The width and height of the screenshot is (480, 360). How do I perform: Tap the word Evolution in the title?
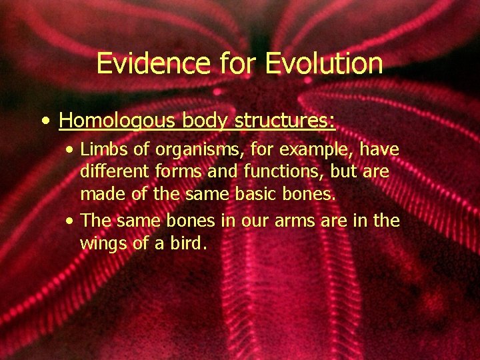[x=324, y=64]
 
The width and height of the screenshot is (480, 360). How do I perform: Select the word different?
[x=111, y=172]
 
